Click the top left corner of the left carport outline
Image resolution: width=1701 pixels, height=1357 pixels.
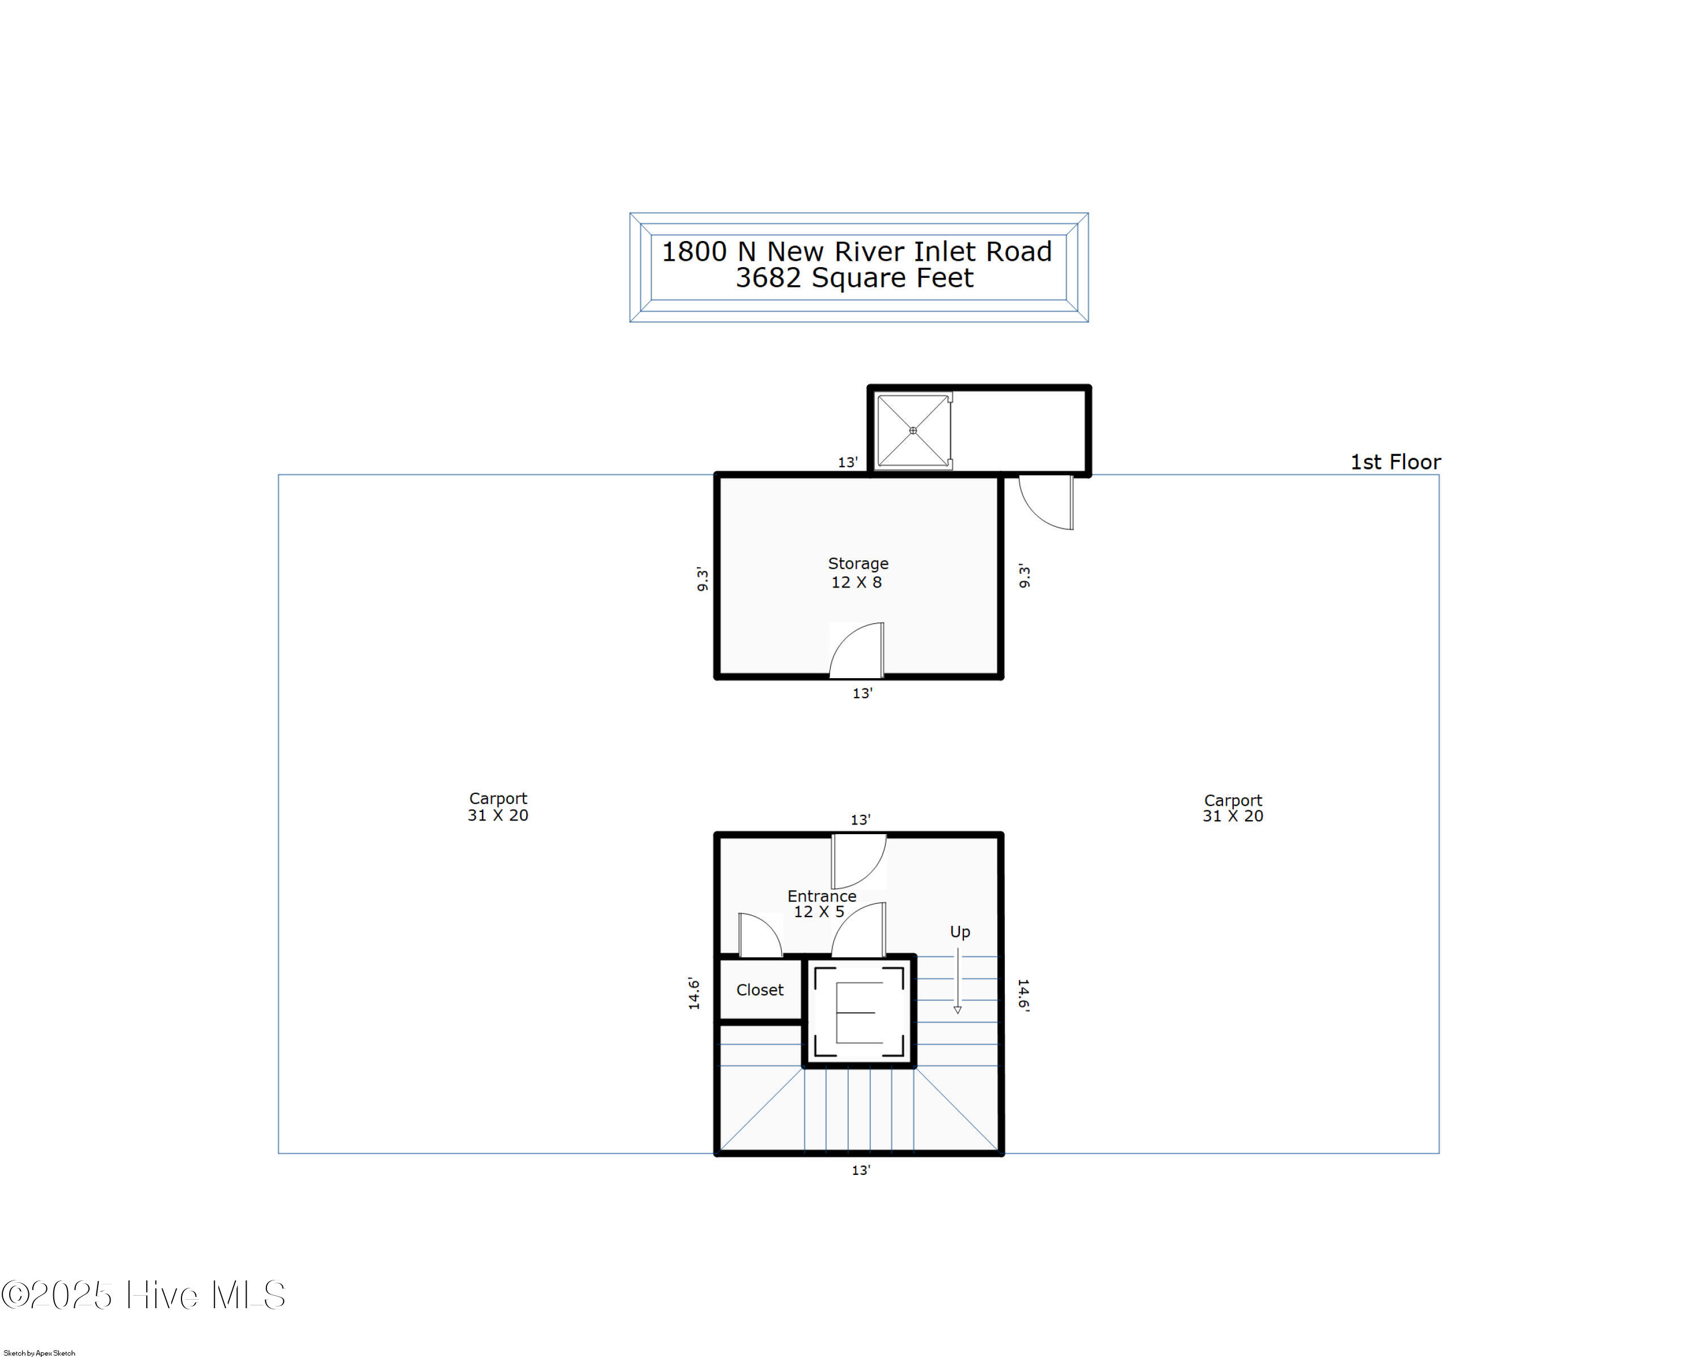pyautogui.click(x=278, y=475)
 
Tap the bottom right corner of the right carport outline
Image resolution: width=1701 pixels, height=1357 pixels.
pyautogui.click(x=1439, y=1153)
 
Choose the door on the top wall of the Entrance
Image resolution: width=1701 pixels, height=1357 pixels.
pyautogui.click(x=859, y=861)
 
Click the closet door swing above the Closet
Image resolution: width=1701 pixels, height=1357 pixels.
pyautogui.click(x=760, y=935)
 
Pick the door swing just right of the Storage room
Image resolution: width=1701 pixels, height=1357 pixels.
pyautogui.click(x=1046, y=502)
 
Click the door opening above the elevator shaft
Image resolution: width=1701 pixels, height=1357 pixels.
pyautogui.click(x=859, y=929)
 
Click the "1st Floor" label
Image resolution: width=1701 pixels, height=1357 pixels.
pyautogui.click(x=1395, y=462)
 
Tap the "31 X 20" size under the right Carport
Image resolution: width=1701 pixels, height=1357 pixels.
pyautogui.click(x=1232, y=817)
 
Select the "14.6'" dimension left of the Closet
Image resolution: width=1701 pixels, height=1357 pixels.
pyautogui.click(x=693, y=994)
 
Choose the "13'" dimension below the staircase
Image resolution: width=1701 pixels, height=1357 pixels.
pyautogui.click(x=861, y=1170)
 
